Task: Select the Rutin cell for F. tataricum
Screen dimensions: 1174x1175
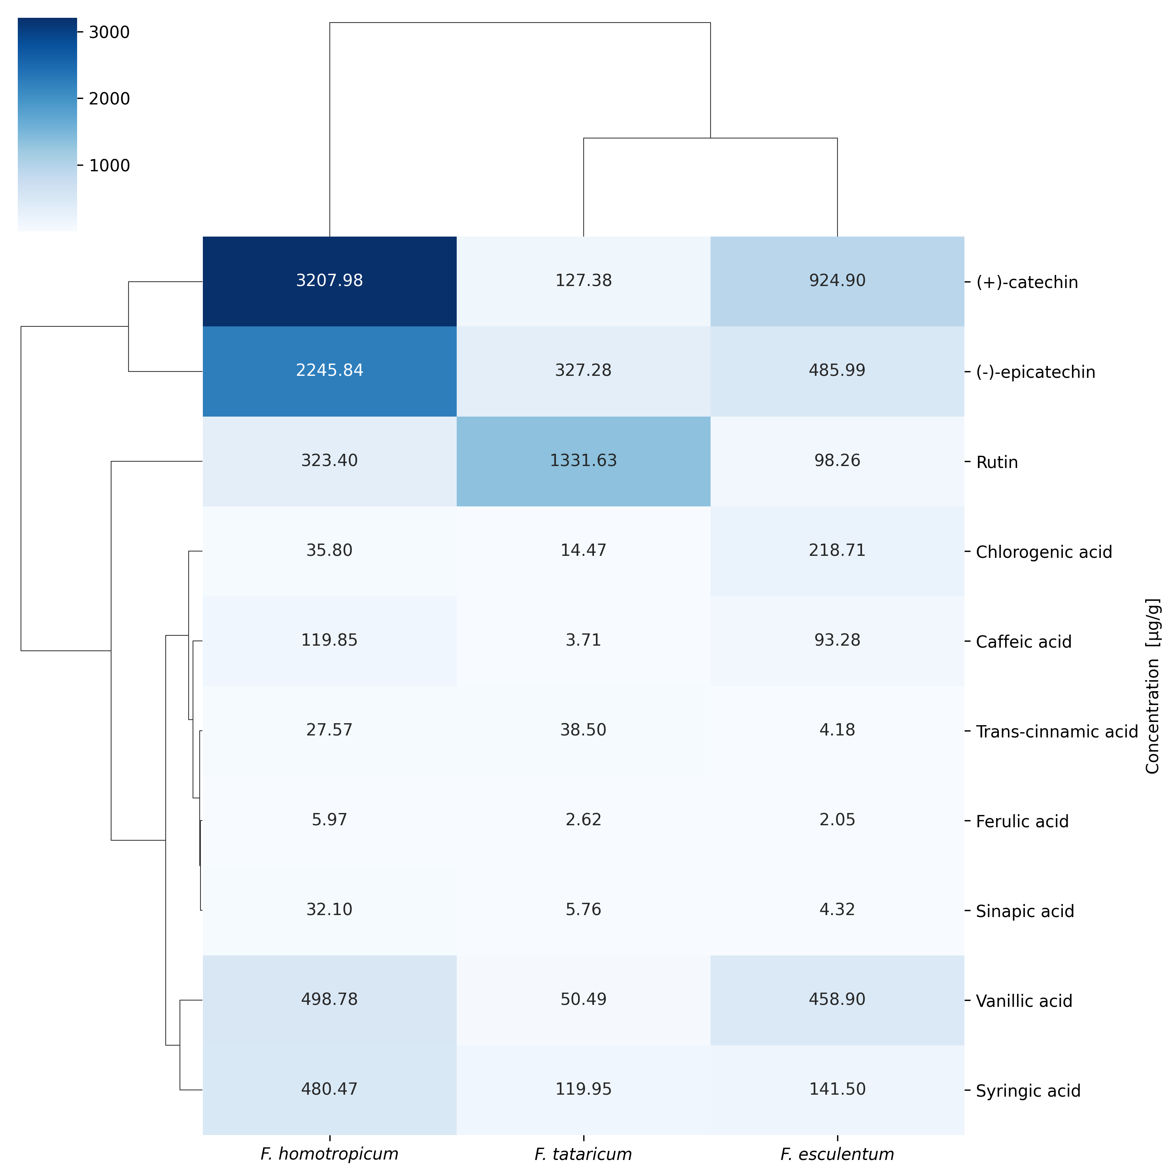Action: (x=584, y=461)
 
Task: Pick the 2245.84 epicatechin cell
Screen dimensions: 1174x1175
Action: (x=329, y=371)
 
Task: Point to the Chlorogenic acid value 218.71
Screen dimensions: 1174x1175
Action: (x=837, y=551)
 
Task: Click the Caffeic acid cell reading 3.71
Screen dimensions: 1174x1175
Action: (x=584, y=641)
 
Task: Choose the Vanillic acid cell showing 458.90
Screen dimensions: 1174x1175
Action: (x=837, y=1001)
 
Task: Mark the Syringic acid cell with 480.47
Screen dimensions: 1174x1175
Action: (x=329, y=1090)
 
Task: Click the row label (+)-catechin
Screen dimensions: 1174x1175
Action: (x=1027, y=282)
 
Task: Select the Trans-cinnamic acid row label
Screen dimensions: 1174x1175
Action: (x=1057, y=732)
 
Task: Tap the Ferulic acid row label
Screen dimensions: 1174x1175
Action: (x=1022, y=822)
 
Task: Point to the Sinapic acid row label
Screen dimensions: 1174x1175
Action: (x=1025, y=912)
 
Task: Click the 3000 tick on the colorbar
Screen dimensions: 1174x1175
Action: (x=110, y=32)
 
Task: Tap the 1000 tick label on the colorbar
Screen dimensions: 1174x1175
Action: (x=110, y=165)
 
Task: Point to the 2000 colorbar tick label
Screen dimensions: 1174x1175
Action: (x=110, y=99)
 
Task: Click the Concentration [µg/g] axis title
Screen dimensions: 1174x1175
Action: (x=1153, y=686)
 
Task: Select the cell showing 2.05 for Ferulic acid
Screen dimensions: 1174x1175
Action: (x=837, y=821)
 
